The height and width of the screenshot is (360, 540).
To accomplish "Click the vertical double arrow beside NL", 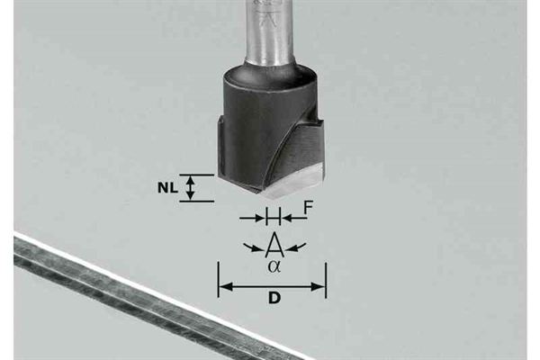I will [x=190, y=188].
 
